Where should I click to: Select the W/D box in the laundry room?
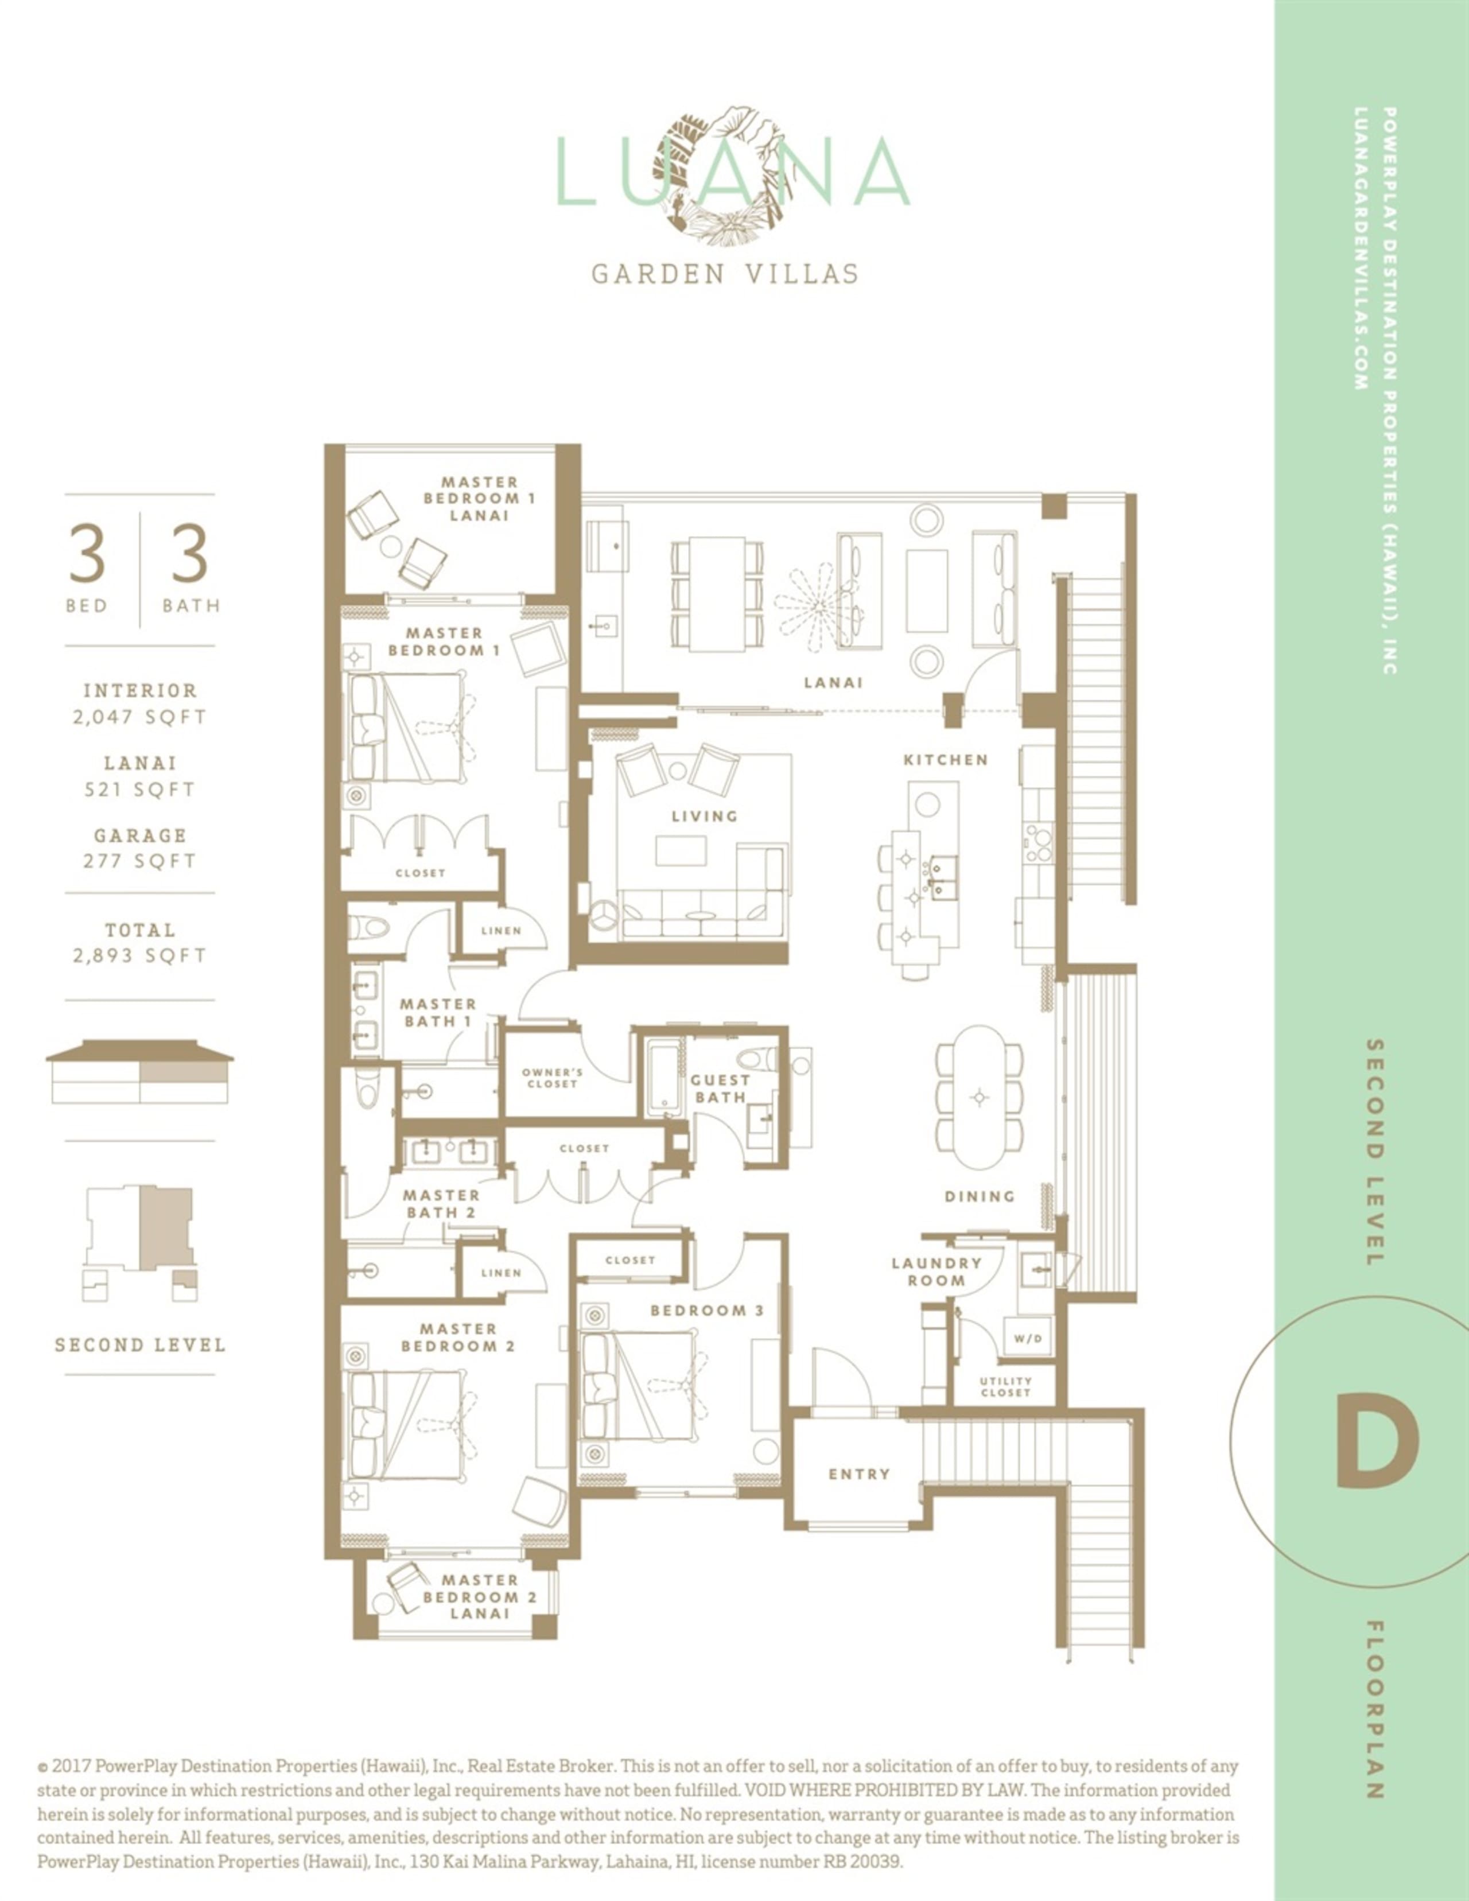pyautogui.click(x=1028, y=1338)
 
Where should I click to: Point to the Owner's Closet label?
pyautogui.click(x=553, y=1078)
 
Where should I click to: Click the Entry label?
pyautogui.click(x=859, y=1474)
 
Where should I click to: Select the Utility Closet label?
pyautogui.click(x=1005, y=1386)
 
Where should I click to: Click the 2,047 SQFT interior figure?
pyautogui.click(x=140, y=717)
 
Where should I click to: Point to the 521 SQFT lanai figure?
pyautogui.click(x=140, y=790)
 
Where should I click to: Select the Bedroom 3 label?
pyautogui.click(x=706, y=1310)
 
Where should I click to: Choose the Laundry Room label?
pyautogui.click(x=936, y=1272)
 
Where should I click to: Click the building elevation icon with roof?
pyautogui.click(x=140, y=1071)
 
